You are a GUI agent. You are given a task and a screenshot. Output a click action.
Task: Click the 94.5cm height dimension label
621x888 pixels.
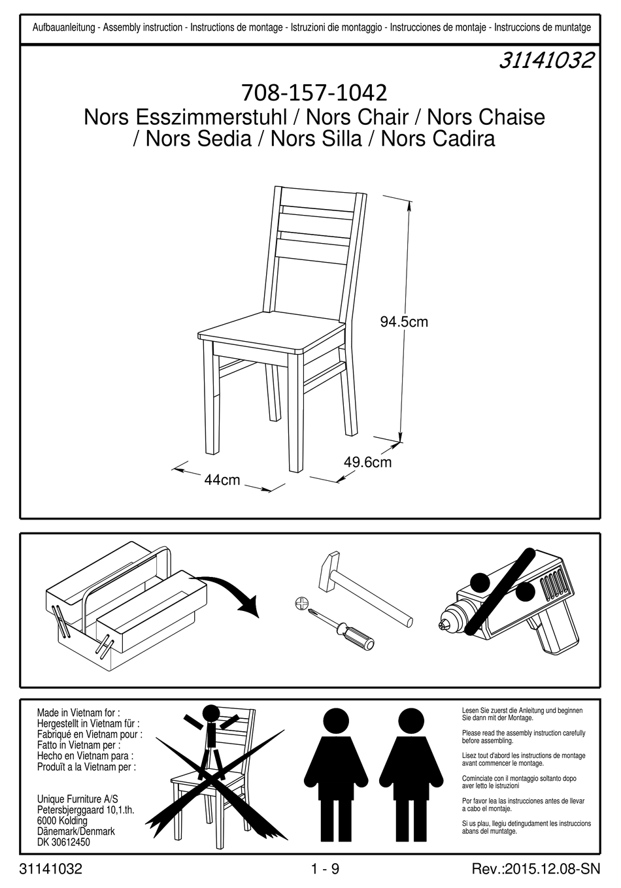pos(404,321)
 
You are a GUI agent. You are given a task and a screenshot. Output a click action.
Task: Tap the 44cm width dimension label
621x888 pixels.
pos(222,480)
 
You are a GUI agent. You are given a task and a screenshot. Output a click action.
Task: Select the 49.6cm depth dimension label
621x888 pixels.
pos(367,463)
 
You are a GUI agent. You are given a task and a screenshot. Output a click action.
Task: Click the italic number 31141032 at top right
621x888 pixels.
pos(546,61)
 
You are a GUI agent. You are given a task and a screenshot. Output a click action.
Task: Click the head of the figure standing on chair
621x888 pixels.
pos(211,713)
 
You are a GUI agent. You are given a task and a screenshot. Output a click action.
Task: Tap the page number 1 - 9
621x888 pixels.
pos(325,870)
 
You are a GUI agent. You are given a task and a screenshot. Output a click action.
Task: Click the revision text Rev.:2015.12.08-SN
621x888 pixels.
pos(535,870)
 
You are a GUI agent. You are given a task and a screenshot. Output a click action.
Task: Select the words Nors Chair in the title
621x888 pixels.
pos(357,118)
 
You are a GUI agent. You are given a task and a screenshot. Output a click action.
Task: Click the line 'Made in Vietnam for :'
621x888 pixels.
pos(78,713)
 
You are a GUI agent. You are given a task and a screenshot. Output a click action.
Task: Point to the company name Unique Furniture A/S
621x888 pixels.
pos(78,799)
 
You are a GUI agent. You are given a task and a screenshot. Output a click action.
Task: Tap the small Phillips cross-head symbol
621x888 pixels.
pos(301,602)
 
